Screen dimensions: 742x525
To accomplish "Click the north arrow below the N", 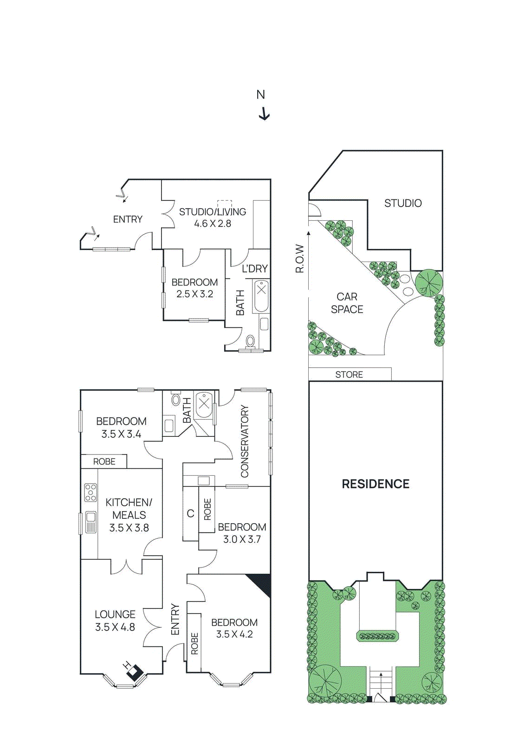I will [x=264, y=114].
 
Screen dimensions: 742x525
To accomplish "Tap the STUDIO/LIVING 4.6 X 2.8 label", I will [x=213, y=217].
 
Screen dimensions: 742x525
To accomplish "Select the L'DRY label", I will [x=255, y=269].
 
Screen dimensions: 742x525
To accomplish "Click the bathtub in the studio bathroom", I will [x=261, y=296].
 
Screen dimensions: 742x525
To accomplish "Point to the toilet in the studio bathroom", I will [x=251, y=341].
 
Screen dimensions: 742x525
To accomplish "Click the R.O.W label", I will [x=300, y=258].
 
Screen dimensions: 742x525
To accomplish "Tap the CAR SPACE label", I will [x=347, y=303].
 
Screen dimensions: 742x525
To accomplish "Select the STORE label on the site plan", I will [x=349, y=374].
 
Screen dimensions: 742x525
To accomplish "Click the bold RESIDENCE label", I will [x=376, y=484].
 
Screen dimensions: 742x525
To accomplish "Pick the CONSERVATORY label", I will [x=245, y=441].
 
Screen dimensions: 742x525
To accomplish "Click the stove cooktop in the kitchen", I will [x=91, y=493].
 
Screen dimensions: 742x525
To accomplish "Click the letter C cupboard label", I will [x=190, y=513].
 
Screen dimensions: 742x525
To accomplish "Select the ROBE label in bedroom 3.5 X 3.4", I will [x=104, y=461].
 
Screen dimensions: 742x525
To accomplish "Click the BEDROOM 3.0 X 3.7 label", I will [x=242, y=533].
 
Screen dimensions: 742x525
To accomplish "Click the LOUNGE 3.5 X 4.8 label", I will [x=115, y=620].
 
